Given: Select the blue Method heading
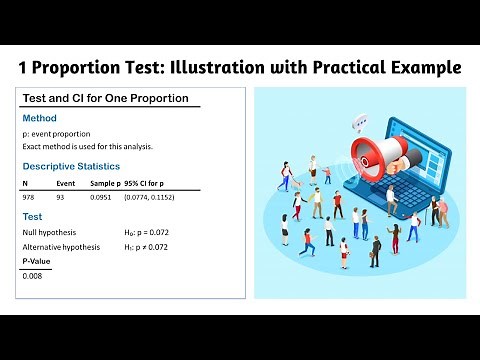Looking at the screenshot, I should [40, 118].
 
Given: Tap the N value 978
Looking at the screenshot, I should [29, 198].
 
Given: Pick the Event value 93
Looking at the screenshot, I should [61, 198].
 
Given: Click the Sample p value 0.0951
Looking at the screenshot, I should [103, 198].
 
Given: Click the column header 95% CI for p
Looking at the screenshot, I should [149, 184].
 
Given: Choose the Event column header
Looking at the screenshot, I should [66, 184].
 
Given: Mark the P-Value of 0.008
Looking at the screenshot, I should [33, 275].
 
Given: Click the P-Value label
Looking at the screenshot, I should [37, 261].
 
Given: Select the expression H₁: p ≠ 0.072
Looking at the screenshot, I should [159, 246].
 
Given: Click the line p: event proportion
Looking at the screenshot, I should [56, 133].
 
